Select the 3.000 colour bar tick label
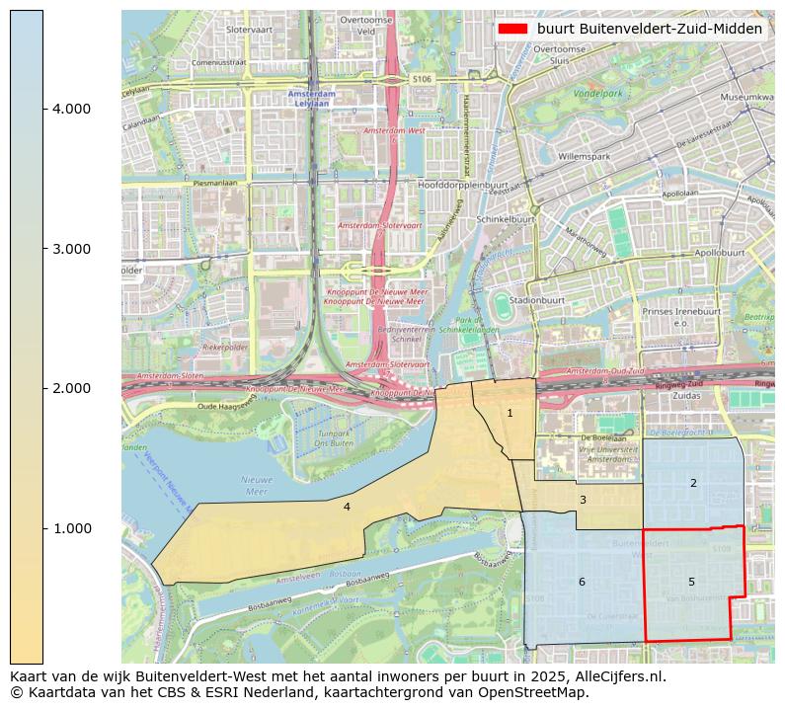(x=71, y=248)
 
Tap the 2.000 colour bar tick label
(x=71, y=388)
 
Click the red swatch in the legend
(x=513, y=30)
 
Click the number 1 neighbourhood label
(x=510, y=413)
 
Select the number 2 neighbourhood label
(x=693, y=483)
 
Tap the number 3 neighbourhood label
(x=583, y=500)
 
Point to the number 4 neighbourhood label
(x=347, y=507)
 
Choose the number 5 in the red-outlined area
(x=691, y=582)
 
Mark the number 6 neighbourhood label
(x=582, y=582)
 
